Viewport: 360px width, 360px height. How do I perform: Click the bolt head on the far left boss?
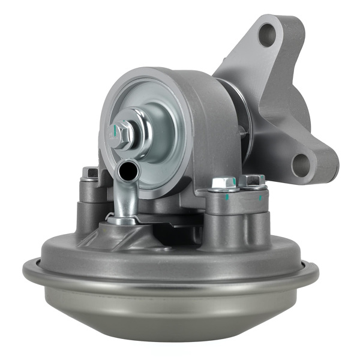tap(90, 173)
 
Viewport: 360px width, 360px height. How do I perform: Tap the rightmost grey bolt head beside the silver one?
tap(252, 180)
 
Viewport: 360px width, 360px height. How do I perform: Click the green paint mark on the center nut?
tap(113, 128)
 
